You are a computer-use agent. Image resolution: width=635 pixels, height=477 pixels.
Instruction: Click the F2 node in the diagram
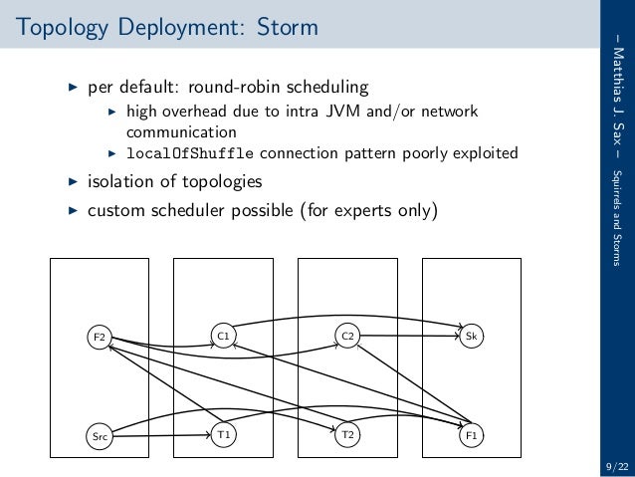99,338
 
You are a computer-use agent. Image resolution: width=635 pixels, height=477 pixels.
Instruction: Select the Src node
99,435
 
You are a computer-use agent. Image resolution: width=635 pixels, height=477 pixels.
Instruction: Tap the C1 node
224,338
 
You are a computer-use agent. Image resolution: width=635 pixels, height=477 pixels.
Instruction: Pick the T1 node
224,435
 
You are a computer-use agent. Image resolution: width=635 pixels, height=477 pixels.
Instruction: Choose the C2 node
347,338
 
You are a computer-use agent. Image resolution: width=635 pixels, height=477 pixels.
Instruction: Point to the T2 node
347,435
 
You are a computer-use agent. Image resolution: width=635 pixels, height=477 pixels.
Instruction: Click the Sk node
472,338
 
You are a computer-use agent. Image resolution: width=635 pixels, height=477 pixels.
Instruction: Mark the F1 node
472,435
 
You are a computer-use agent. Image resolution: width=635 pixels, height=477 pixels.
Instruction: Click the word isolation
122,182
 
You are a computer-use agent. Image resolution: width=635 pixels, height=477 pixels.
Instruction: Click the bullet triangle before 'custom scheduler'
72,211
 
